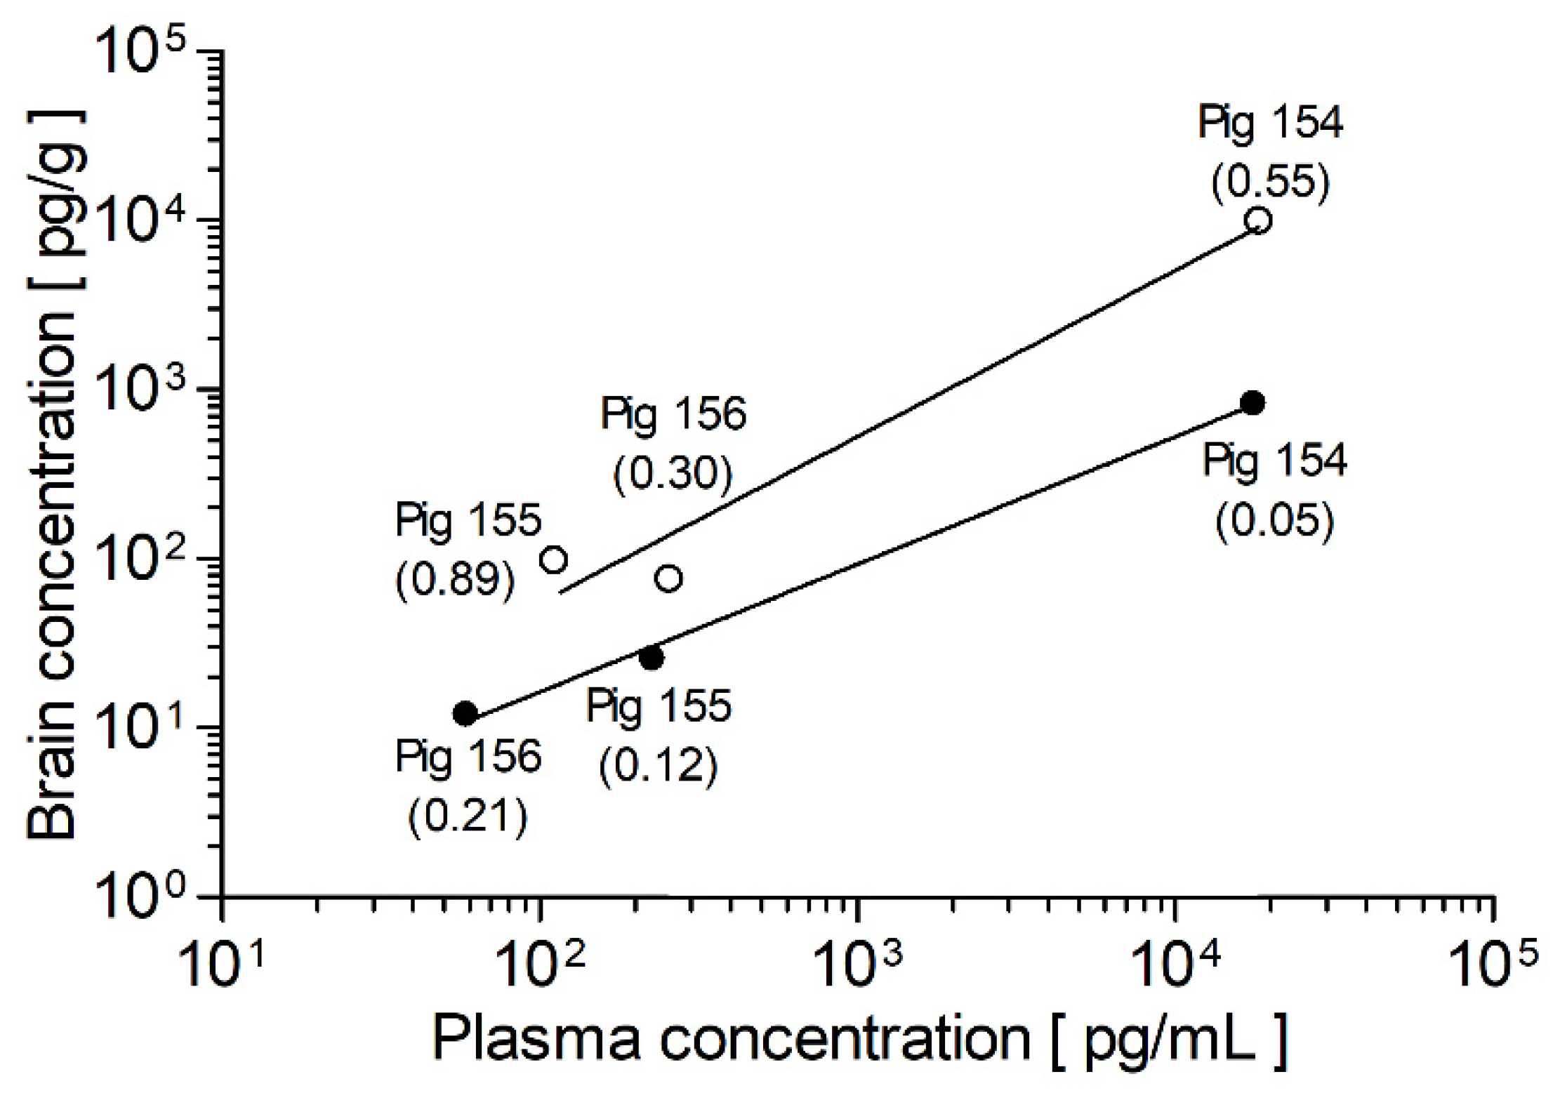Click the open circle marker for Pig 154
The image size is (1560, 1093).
[x=1258, y=220]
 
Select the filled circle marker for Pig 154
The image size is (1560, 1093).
[x=1252, y=402]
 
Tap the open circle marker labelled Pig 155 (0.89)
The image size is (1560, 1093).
[x=554, y=559]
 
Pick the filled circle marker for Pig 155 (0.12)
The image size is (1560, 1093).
[x=652, y=658]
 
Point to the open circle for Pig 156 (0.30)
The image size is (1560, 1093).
[x=668, y=578]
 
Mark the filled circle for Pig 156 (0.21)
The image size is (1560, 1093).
[x=465, y=713]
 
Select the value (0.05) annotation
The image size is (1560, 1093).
[x=1274, y=521]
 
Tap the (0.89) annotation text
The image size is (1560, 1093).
[x=455, y=580]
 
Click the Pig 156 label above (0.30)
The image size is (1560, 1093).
[x=673, y=414]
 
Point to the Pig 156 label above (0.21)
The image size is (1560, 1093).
[x=468, y=757]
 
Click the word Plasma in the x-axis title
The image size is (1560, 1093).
[x=536, y=1040]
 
